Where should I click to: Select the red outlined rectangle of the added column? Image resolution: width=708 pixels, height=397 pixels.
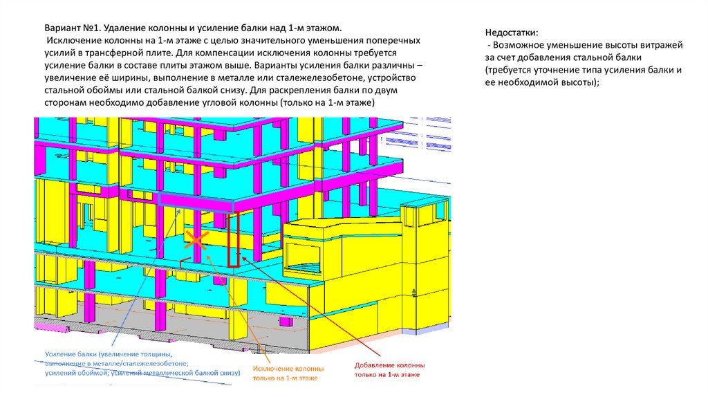pyautogui.click(x=234, y=239)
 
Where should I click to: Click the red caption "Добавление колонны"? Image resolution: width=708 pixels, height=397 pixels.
pyautogui.click(x=389, y=364)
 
